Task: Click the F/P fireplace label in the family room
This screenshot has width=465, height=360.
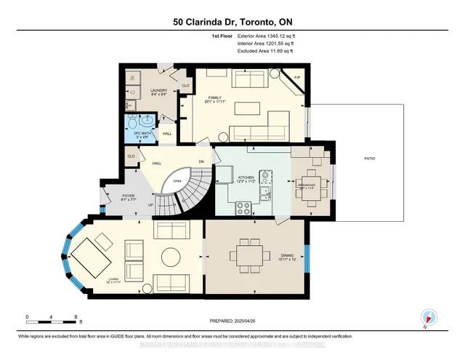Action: pyautogui.click(x=297, y=78)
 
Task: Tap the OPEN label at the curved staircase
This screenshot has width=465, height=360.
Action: pyautogui.click(x=177, y=181)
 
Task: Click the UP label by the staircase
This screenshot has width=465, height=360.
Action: pyautogui.click(x=150, y=205)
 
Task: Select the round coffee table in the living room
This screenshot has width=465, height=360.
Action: pyautogui.click(x=171, y=257)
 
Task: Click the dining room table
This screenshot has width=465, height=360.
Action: pyautogui.click(x=250, y=256)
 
